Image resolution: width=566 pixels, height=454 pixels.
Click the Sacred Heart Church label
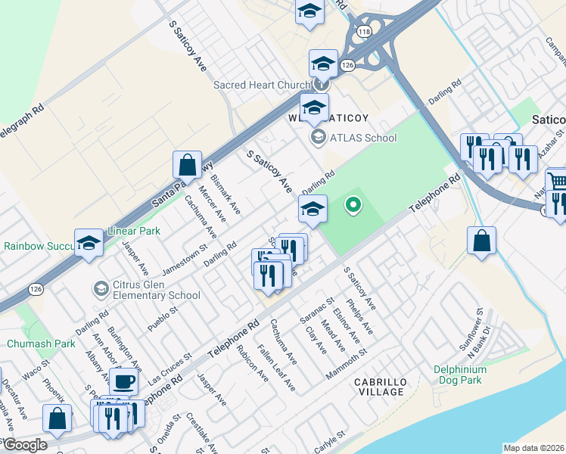[262, 85]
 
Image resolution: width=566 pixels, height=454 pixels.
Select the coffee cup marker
[124, 381]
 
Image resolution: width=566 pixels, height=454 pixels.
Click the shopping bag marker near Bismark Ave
[187, 164]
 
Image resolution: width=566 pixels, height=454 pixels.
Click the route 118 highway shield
[365, 30]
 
